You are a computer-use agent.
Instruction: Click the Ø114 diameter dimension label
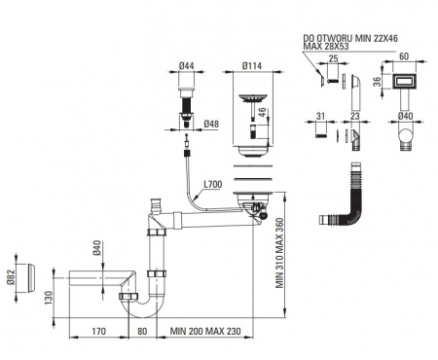tap(252, 66)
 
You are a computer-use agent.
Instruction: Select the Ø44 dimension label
tap(187, 66)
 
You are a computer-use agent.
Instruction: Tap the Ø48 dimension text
tap(211, 124)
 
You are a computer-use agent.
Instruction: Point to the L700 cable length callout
tap(213, 185)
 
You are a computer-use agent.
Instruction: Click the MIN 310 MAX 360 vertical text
tap(279, 253)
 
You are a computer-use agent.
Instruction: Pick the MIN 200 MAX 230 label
tap(205, 331)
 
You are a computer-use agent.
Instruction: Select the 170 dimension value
tap(98, 331)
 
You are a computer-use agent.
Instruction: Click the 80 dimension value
tap(142, 331)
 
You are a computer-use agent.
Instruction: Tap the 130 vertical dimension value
tap(48, 298)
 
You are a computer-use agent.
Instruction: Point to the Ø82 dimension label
tap(11, 277)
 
